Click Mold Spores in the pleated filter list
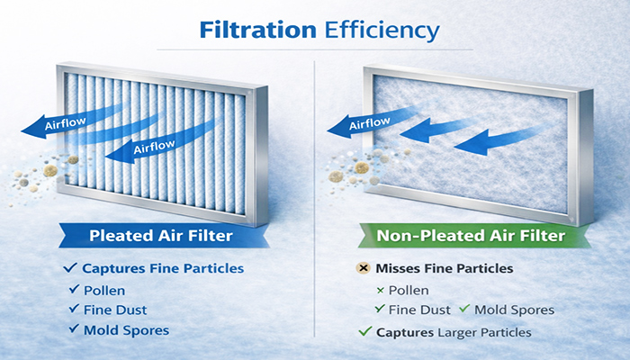coord(126,329)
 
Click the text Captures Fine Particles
coord(163,268)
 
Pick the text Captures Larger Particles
coord(454,332)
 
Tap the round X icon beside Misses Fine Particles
coord(364,269)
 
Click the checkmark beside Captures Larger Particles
coord(364,332)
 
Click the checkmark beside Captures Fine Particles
coord(69,268)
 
